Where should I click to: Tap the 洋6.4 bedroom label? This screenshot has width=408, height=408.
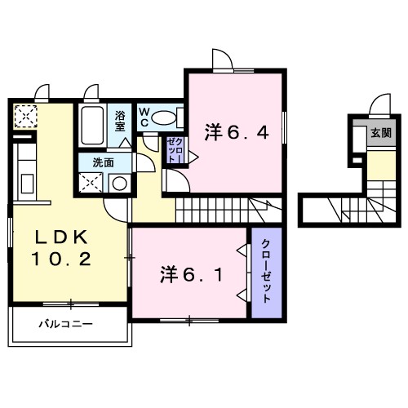tap(236, 131)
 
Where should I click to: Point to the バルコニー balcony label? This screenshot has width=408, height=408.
tap(66, 324)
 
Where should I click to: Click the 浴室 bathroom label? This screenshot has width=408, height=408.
tap(120, 121)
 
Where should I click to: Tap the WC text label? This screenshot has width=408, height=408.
tap(143, 116)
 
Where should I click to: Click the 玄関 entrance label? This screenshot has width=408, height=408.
tap(380, 133)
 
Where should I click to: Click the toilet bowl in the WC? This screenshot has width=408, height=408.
tap(166, 118)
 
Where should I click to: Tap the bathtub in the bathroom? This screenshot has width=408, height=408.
tap(93, 124)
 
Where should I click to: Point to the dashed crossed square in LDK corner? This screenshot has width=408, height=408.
tap(25, 117)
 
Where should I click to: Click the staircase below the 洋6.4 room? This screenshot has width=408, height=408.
tap(228, 210)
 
